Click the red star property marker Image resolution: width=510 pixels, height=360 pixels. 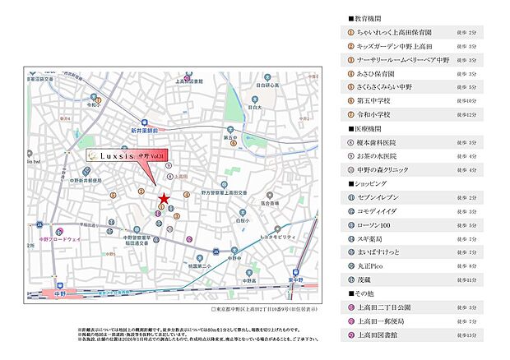pyautogui.click(x=163, y=197)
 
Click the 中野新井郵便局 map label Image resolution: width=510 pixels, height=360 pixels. pyautogui.click(x=85, y=178)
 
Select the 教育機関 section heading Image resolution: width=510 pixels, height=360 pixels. pyautogui.click(x=363, y=17)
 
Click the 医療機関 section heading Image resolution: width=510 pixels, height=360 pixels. pyautogui.click(x=363, y=129)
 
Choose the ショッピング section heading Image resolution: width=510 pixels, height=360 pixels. pyautogui.click(x=365, y=185)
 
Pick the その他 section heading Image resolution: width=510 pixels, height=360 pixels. pyautogui.click(x=359, y=293)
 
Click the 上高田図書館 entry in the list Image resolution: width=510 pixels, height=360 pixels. pyautogui.click(x=379, y=335)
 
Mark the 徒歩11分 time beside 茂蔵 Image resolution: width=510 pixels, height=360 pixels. pyautogui.click(x=467, y=280)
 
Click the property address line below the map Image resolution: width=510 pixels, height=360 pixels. pyautogui.click(x=267, y=310)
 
